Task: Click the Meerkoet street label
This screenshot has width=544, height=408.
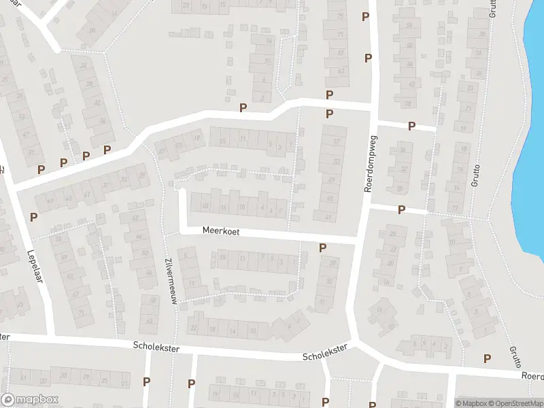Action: click(221, 232)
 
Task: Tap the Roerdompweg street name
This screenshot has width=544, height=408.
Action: click(371, 163)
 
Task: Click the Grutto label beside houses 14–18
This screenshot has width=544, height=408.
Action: click(476, 176)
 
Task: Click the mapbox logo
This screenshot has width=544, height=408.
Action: click(29, 400)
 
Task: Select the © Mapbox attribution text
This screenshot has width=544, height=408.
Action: click(471, 403)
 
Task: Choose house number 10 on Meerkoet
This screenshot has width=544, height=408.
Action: click(242, 207)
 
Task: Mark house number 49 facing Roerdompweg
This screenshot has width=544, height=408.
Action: click(331, 180)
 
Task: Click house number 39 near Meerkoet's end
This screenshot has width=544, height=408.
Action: click(333, 263)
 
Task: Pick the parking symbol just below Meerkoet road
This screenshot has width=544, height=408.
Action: click(322, 248)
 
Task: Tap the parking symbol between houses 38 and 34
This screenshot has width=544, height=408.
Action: click(411, 126)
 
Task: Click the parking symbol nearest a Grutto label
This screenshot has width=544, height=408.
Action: click(487, 358)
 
